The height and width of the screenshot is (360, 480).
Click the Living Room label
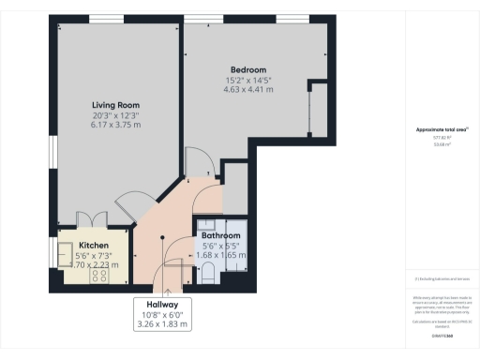pyautogui.click(x=116, y=105)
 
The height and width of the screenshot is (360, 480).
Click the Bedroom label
pyautogui.click(x=249, y=69)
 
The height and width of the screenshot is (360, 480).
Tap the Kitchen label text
pyautogui.click(x=94, y=244)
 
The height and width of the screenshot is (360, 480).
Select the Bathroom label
pyautogui.click(x=222, y=235)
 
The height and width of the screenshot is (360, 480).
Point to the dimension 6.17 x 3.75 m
pyautogui.click(x=116, y=124)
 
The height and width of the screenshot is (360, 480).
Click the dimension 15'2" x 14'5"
pyautogui.click(x=249, y=80)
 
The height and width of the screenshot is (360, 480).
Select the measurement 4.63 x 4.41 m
pyautogui.click(x=249, y=90)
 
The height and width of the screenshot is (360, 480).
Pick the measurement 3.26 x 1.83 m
pyautogui.click(x=163, y=325)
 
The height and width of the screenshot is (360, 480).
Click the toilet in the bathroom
pyautogui.click(x=208, y=272)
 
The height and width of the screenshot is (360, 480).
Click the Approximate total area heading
pyautogui.click(x=438, y=128)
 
